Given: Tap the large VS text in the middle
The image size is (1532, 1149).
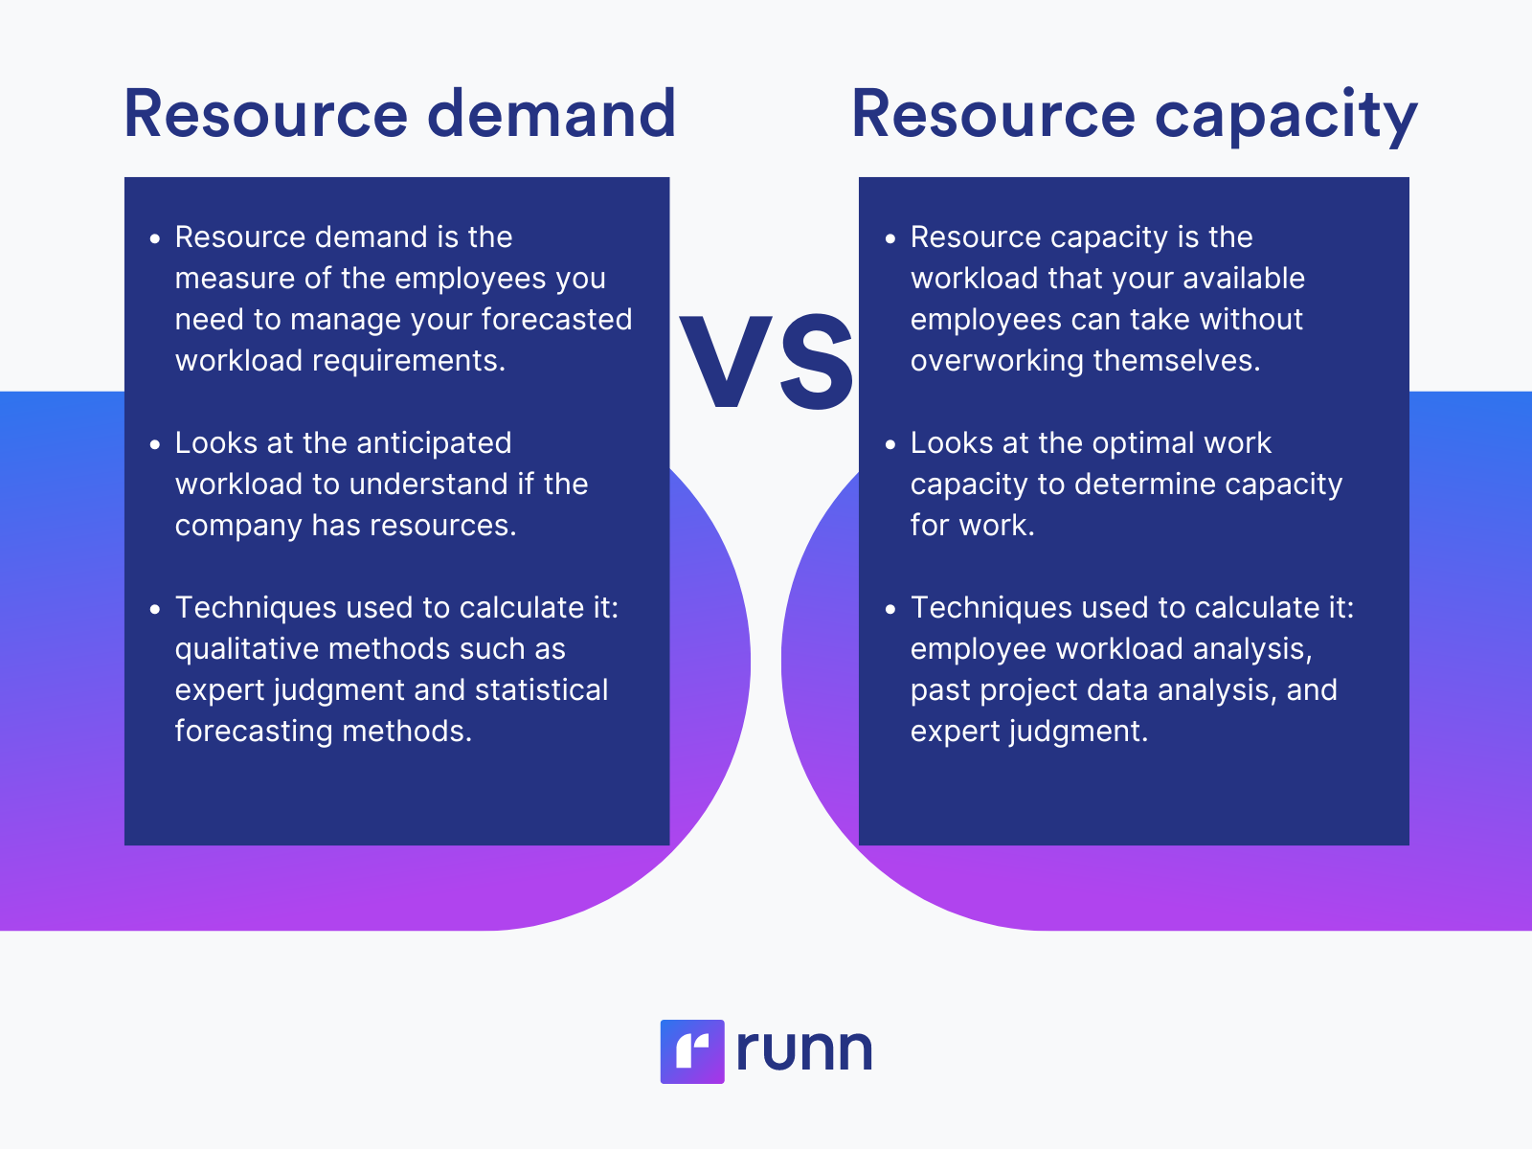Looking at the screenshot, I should pos(767,363).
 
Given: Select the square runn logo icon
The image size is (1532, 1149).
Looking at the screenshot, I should pos(692,1051).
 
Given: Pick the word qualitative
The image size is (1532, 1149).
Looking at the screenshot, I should pos(246,649).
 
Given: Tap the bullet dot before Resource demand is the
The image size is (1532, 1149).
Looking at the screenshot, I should pos(155,238).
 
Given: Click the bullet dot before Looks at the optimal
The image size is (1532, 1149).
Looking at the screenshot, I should pos(890,444).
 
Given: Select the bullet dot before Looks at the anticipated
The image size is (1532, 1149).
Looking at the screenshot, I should pos(155,444).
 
